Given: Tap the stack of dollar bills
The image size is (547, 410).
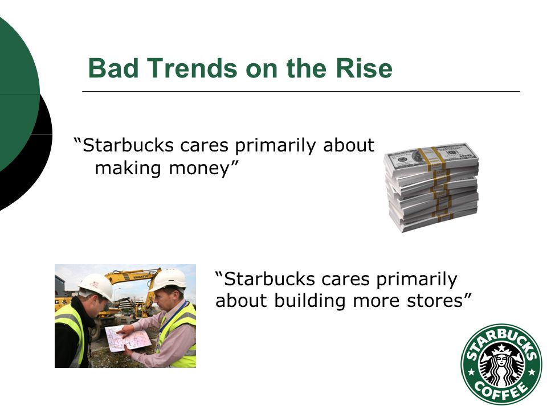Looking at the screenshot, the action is pos(431,187).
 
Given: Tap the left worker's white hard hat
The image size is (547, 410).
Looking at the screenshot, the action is pos(96,286).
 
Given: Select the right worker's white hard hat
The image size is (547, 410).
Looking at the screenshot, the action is pos(168,279).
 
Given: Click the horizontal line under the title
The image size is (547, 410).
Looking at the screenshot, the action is pos(301,91).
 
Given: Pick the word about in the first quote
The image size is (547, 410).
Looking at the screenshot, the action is pos(349,145).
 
